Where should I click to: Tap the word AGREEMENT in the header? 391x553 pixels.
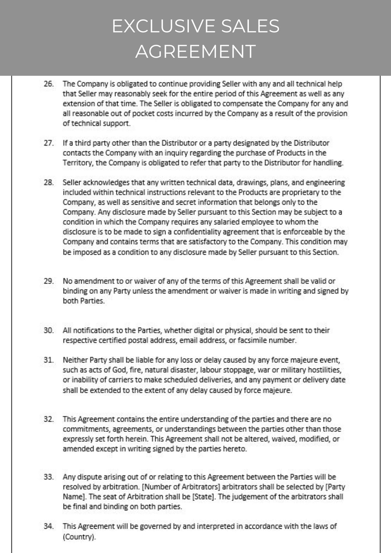tap(195, 51)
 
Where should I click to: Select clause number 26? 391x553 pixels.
tap(49, 84)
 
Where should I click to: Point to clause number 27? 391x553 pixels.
tap(49, 143)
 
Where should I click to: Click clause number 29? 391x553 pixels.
tap(49, 281)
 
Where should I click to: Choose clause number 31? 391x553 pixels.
tap(49, 360)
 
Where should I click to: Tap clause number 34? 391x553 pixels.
tap(49, 526)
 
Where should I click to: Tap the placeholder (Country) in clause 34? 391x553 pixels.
tap(79, 537)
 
